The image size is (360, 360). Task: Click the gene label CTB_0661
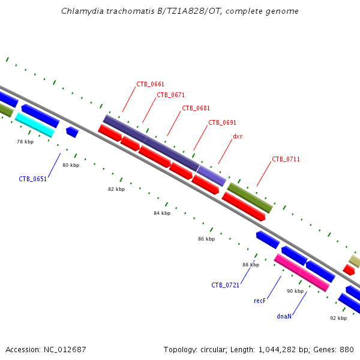(150, 84)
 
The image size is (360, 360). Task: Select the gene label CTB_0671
(170, 95)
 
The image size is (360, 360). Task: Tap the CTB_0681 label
(196, 108)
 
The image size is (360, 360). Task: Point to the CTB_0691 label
(222, 122)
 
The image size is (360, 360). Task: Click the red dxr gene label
(238, 136)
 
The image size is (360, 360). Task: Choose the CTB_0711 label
(286, 159)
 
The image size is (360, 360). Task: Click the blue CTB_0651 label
(32, 179)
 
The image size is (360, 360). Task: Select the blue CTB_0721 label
(225, 285)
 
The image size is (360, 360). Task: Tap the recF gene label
(260, 301)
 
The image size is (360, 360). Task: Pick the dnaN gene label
(284, 316)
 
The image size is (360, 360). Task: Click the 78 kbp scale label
(25, 142)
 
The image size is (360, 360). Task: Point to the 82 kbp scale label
(116, 189)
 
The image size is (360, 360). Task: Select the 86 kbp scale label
(206, 239)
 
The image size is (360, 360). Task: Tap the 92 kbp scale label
(338, 318)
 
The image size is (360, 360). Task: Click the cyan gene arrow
(35, 124)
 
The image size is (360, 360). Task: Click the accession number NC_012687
(64, 349)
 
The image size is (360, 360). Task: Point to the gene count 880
(347, 349)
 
